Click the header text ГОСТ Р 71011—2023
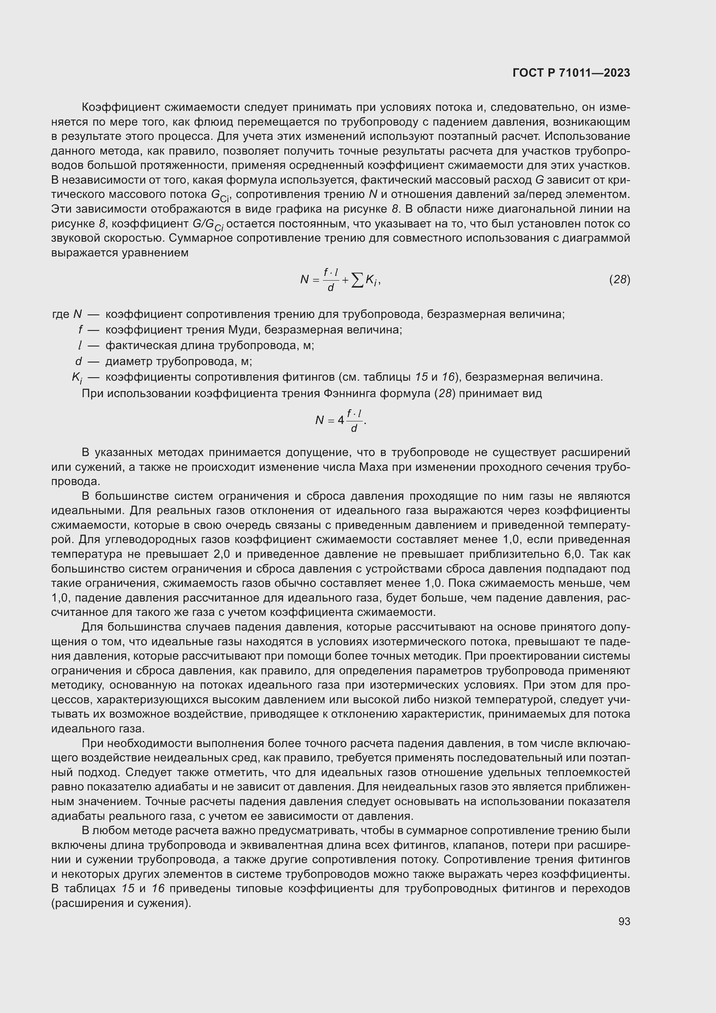click(x=571, y=73)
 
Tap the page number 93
click(x=624, y=921)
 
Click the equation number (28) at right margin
click(x=619, y=279)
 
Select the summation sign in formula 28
click(x=358, y=280)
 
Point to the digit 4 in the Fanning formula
click(x=341, y=420)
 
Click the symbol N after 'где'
click(x=77, y=314)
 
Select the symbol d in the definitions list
click(x=78, y=361)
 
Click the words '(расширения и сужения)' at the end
click(x=121, y=903)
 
